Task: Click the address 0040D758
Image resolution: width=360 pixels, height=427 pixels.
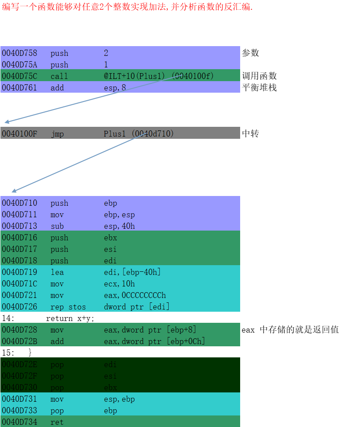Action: (x=20, y=53)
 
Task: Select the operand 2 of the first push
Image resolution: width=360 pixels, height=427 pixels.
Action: (x=106, y=53)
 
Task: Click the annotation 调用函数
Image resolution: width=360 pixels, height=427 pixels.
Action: (x=259, y=76)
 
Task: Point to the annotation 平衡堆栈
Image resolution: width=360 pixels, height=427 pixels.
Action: (x=259, y=87)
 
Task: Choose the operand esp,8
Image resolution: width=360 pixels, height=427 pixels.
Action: (x=115, y=88)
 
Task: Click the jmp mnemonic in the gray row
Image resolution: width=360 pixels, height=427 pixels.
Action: (x=57, y=134)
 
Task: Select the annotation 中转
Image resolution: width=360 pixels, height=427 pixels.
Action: (x=250, y=133)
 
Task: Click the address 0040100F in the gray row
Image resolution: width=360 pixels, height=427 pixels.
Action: (x=20, y=134)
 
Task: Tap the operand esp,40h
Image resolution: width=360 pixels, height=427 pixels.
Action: (x=119, y=226)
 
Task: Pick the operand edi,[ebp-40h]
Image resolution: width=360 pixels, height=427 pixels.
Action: (x=132, y=272)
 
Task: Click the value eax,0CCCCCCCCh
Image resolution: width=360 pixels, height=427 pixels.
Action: (x=135, y=295)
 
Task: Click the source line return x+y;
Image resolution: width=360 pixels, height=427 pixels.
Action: (x=70, y=318)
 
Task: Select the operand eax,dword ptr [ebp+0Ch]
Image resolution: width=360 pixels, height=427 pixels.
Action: (x=154, y=341)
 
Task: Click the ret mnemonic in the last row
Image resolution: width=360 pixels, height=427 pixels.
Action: (x=57, y=422)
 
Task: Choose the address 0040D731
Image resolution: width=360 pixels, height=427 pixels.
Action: (x=20, y=399)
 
